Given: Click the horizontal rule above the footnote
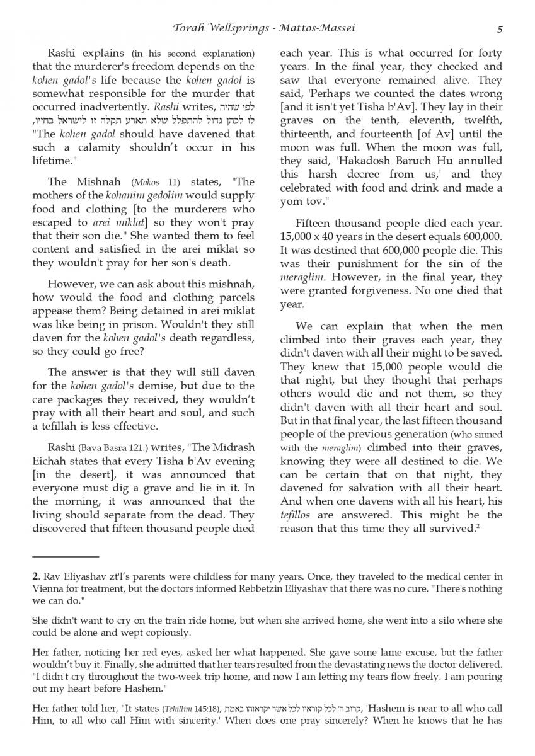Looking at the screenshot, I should (66, 557).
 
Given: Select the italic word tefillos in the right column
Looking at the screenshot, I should (296, 515).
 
